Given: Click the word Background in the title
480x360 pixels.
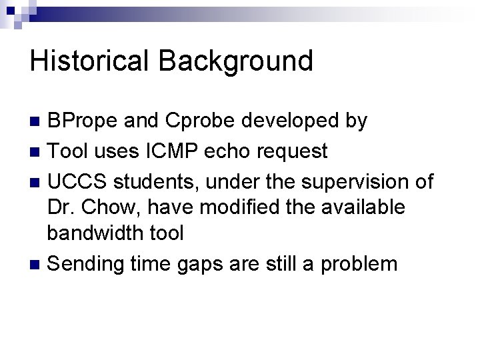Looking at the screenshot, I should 235,61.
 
